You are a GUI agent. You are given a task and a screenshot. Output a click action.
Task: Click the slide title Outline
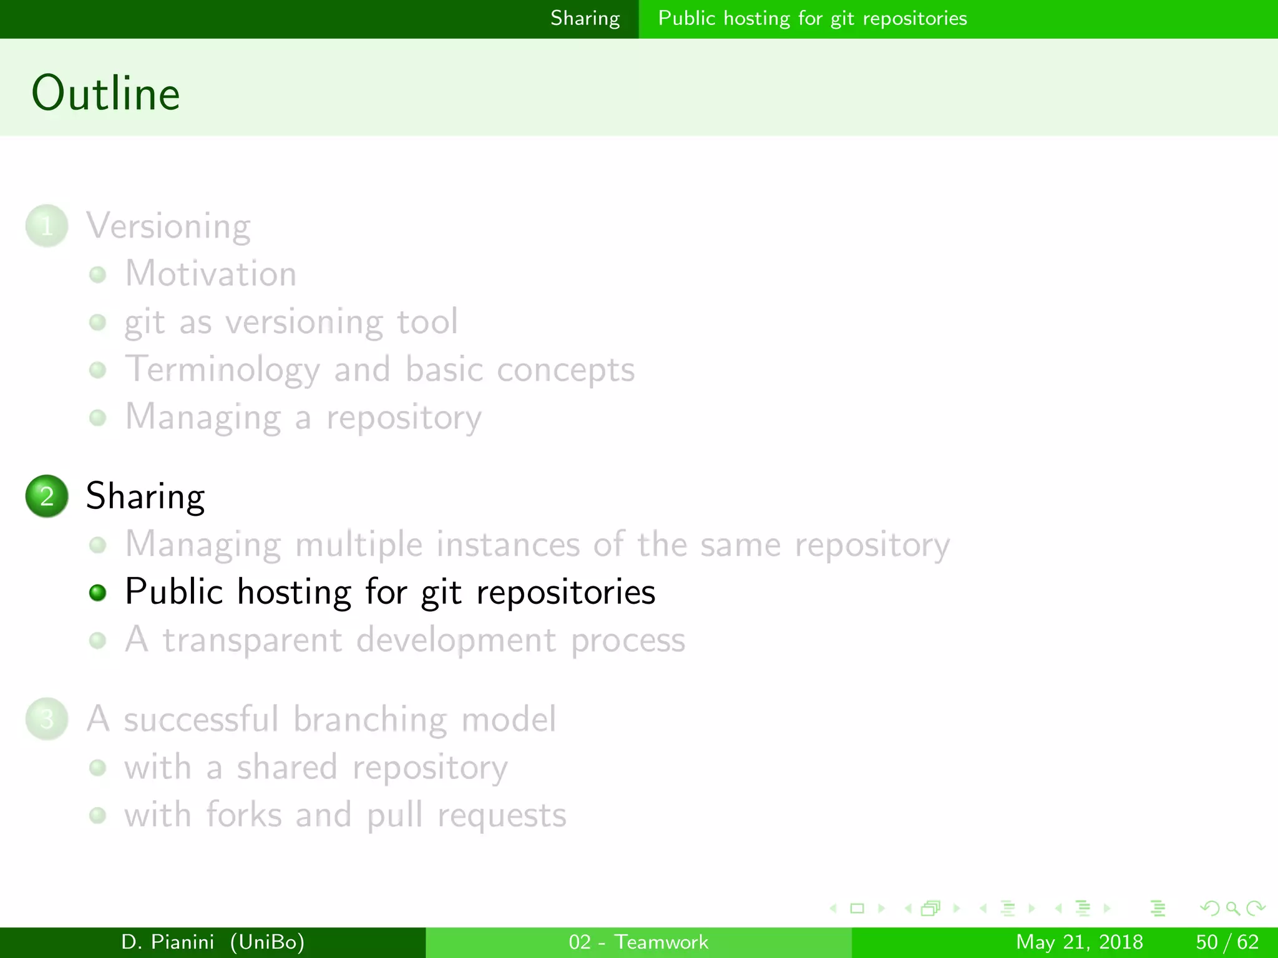pyautogui.click(x=105, y=93)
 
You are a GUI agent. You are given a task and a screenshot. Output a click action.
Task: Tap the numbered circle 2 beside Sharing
pyautogui.click(x=47, y=496)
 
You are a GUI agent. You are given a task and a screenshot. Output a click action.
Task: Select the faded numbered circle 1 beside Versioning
pyautogui.click(x=47, y=226)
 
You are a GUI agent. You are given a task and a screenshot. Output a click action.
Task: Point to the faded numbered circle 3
pyautogui.click(x=47, y=719)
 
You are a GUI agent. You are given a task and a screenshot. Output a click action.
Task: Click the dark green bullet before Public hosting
pyautogui.click(x=97, y=592)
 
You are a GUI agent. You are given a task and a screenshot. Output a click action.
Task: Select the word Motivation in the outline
pyautogui.click(x=211, y=274)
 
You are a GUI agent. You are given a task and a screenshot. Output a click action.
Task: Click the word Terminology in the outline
pyautogui.click(x=222, y=370)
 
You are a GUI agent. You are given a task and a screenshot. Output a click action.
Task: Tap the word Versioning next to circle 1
pyautogui.click(x=168, y=226)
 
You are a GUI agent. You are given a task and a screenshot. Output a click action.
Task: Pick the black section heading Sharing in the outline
pyautogui.click(x=145, y=496)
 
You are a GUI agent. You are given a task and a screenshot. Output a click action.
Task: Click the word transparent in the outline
pyautogui.click(x=253, y=641)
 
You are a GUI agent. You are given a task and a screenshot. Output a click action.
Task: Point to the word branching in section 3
pyautogui.click(x=369, y=719)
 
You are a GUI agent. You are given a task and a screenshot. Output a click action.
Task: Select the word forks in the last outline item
pyautogui.click(x=244, y=815)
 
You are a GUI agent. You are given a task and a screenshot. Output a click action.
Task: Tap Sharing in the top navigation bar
pyautogui.click(x=585, y=19)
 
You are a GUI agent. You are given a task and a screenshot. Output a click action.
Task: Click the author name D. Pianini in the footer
pyautogui.click(x=168, y=942)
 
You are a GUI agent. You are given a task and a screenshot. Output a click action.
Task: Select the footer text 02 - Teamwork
pyautogui.click(x=638, y=942)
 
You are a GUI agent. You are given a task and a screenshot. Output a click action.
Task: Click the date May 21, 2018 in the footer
pyautogui.click(x=1079, y=942)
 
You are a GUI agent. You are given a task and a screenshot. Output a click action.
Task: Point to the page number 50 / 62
pyautogui.click(x=1227, y=942)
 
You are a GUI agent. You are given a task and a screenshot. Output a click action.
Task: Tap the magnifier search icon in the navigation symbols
pyautogui.click(x=1232, y=909)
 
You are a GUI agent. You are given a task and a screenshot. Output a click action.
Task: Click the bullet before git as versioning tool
pyautogui.click(x=97, y=322)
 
